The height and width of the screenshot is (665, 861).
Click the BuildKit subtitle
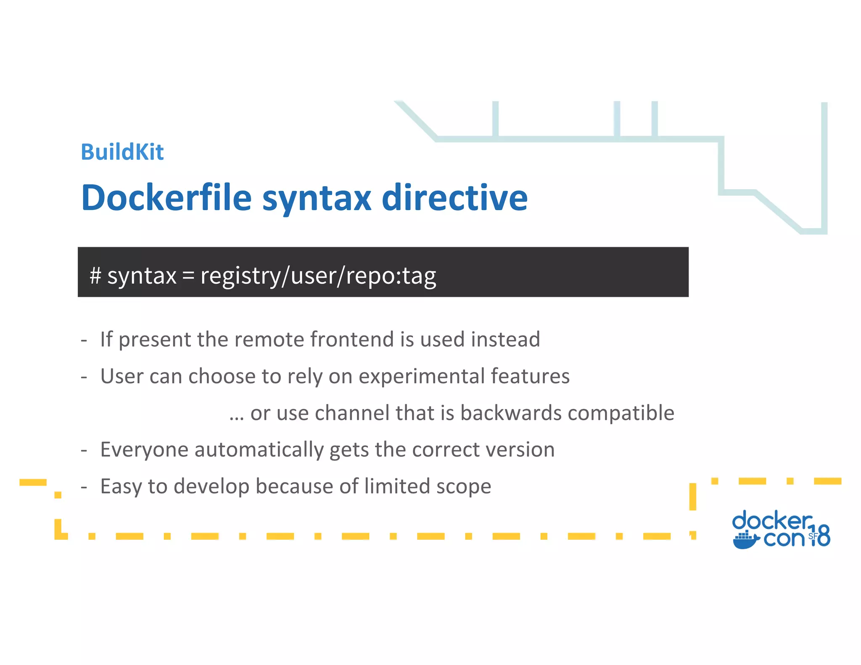pyautogui.click(x=122, y=152)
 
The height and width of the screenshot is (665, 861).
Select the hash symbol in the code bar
pyautogui.click(x=95, y=276)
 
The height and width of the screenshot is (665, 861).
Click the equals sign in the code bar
pyautogui.click(x=188, y=276)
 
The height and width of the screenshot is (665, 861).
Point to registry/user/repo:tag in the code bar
pyautogui.click(x=318, y=276)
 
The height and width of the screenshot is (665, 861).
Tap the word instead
pyautogui.click(x=505, y=339)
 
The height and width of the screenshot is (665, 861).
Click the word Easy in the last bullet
pyautogui.click(x=121, y=486)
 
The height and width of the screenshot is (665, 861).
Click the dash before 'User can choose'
pyautogui.click(x=84, y=377)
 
